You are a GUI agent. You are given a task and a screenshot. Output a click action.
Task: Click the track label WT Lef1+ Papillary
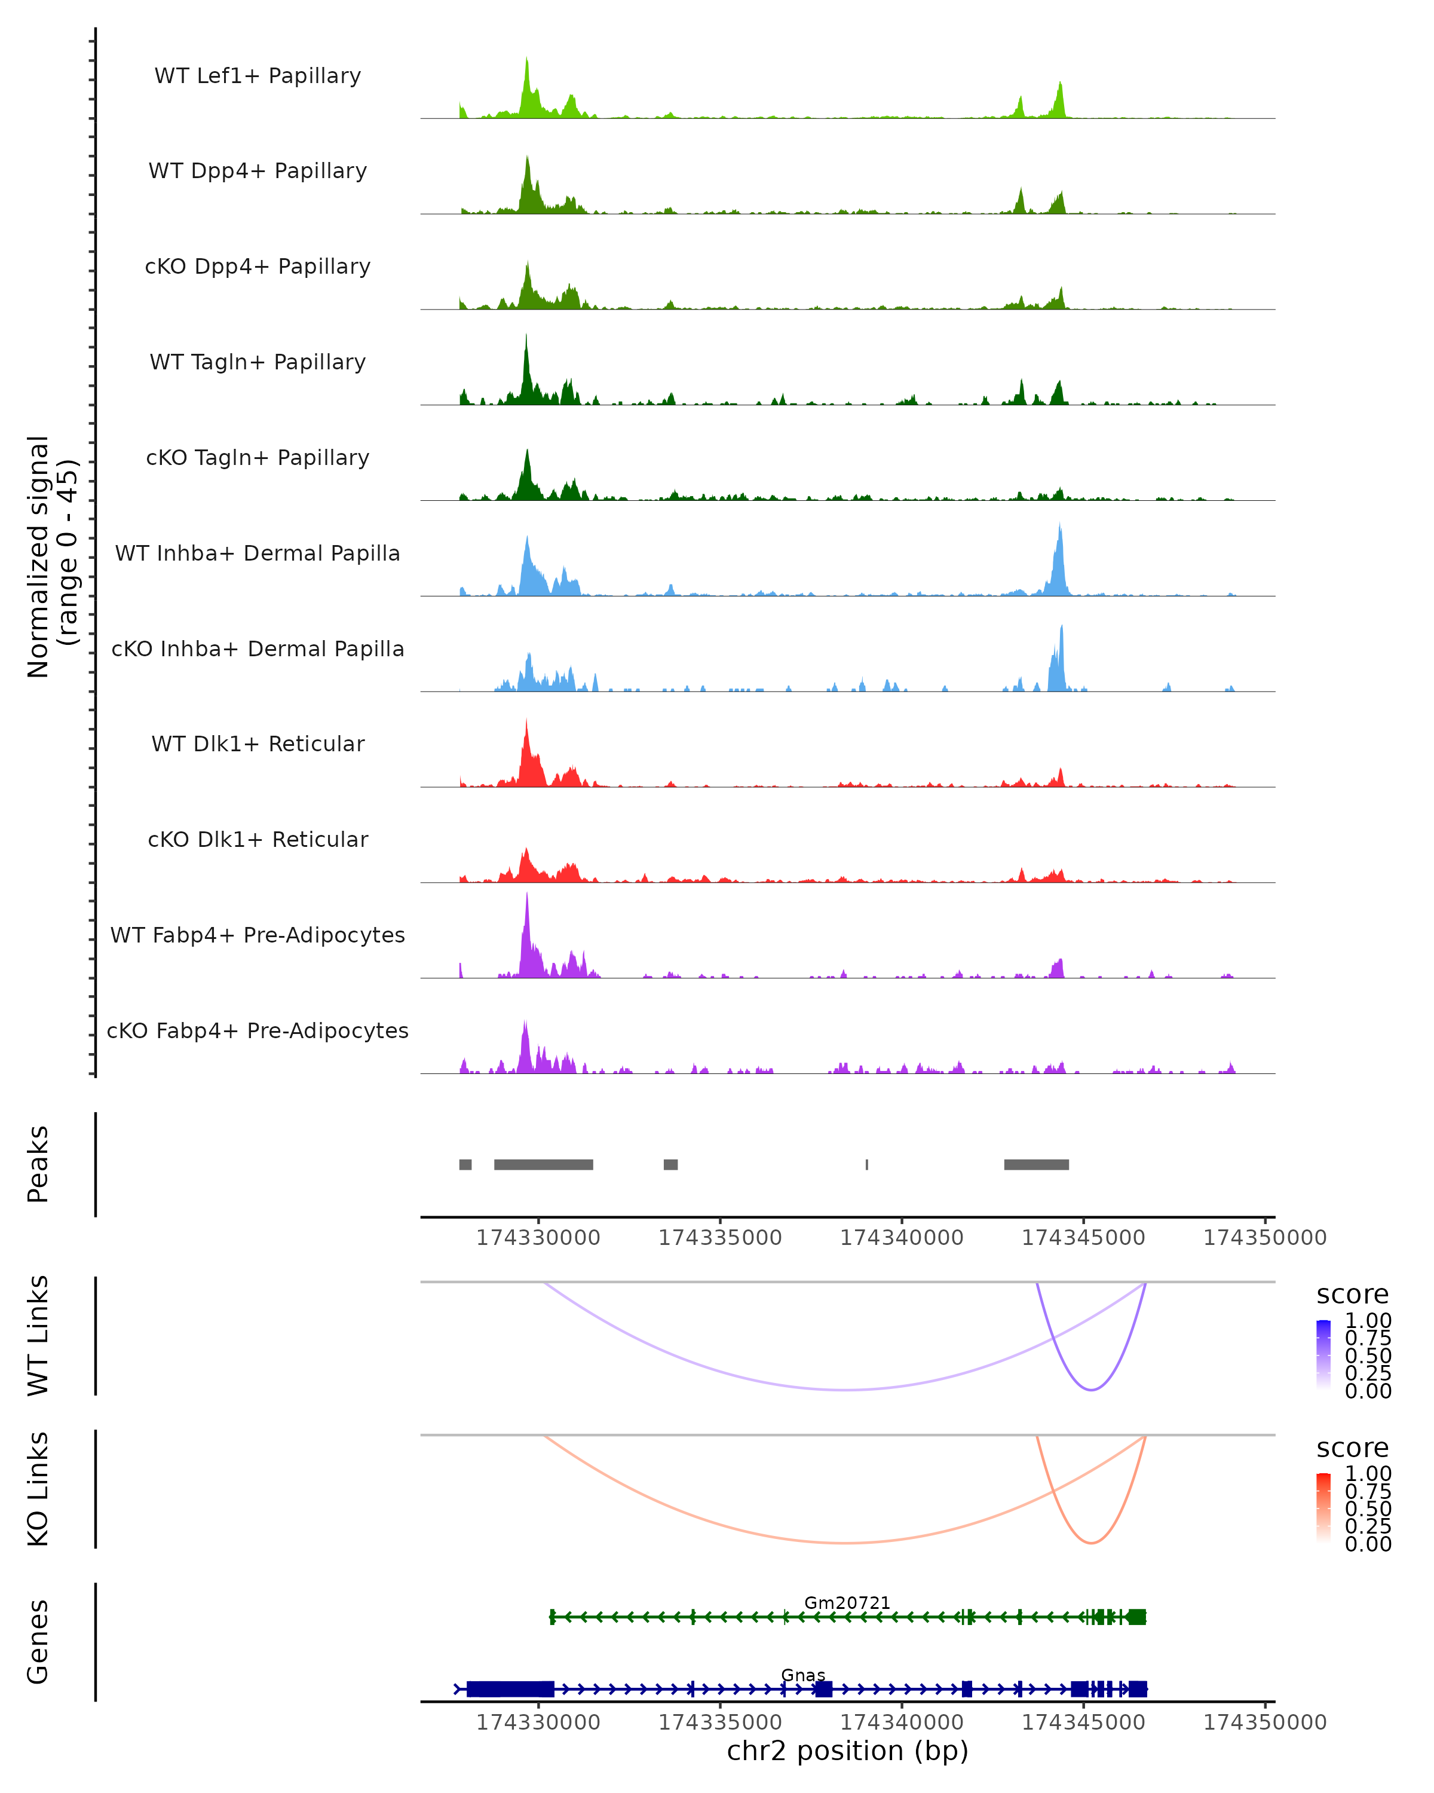tap(258, 76)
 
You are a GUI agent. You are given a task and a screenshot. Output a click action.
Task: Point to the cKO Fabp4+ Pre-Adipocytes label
tap(258, 1030)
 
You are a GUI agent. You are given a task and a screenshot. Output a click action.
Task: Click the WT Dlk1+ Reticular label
tap(258, 743)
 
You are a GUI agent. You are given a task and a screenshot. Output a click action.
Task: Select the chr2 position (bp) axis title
tap(847, 1751)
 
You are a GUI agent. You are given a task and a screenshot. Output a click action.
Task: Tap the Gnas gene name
tap(803, 1675)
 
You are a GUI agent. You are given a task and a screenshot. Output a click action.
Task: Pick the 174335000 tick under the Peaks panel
tap(720, 1238)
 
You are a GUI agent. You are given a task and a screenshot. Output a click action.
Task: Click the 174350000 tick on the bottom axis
tap(1264, 1722)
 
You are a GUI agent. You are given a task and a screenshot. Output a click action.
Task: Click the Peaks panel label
tap(38, 1164)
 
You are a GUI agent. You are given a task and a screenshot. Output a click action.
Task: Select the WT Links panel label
tap(38, 1336)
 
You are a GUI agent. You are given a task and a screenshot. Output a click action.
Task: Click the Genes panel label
tap(38, 1642)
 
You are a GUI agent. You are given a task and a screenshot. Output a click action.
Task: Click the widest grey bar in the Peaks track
tap(544, 1164)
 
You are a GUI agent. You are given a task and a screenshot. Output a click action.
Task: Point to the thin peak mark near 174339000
tap(867, 1164)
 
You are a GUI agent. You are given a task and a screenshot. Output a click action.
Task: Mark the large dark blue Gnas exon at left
tap(510, 1689)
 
